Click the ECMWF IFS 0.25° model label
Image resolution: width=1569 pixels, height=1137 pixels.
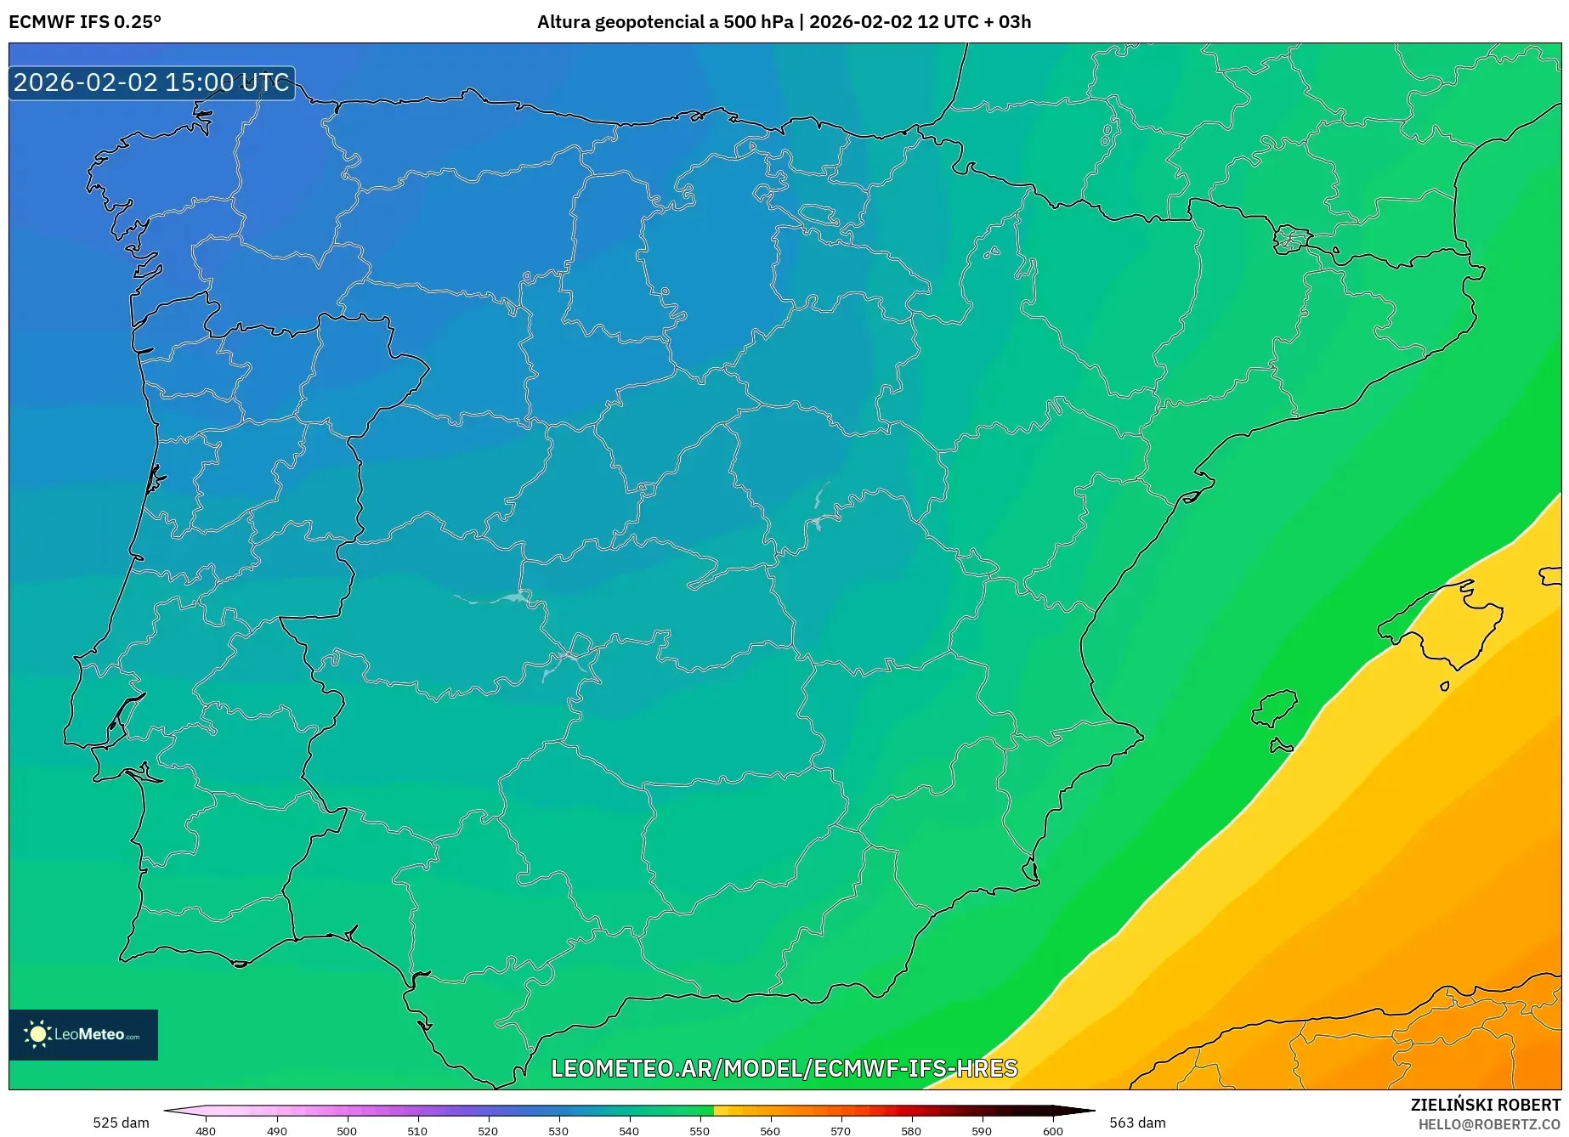pyautogui.click(x=85, y=22)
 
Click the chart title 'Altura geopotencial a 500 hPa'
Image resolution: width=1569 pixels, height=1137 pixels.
pyautogui.click(x=665, y=22)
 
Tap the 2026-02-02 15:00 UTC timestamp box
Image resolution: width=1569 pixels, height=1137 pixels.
pyautogui.click(x=151, y=83)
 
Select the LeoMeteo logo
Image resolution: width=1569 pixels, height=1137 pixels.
pyautogui.click(x=83, y=1034)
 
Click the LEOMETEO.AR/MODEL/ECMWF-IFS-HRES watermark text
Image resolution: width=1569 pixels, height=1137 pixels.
pyautogui.click(x=784, y=1068)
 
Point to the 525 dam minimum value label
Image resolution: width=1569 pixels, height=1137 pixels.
pyautogui.click(x=121, y=1123)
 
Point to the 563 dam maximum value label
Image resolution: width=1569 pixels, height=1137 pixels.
pyautogui.click(x=1137, y=1123)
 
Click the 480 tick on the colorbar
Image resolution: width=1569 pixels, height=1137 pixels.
pyautogui.click(x=206, y=1130)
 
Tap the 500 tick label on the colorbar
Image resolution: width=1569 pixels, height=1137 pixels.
pyautogui.click(x=347, y=1130)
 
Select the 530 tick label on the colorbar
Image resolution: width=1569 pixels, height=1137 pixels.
pyautogui.click(x=558, y=1130)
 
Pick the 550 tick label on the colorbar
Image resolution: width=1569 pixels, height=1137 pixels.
pyautogui.click(x=700, y=1130)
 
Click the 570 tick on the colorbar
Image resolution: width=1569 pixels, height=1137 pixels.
pyautogui.click(x=841, y=1130)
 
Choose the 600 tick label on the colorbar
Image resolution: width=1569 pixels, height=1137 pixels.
pyautogui.click(x=1052, y=1130)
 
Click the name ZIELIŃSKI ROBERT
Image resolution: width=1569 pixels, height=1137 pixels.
pyautogui.click(x=1486, y=1105)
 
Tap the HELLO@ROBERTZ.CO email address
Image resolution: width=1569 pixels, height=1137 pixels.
pyautogui.click(x=1489, y=1124)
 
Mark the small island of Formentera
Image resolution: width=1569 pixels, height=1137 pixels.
pyautogui.click(x=1281, y=746)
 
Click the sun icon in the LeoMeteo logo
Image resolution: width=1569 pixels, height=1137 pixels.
pyautogui.click(x=37, y=1034)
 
